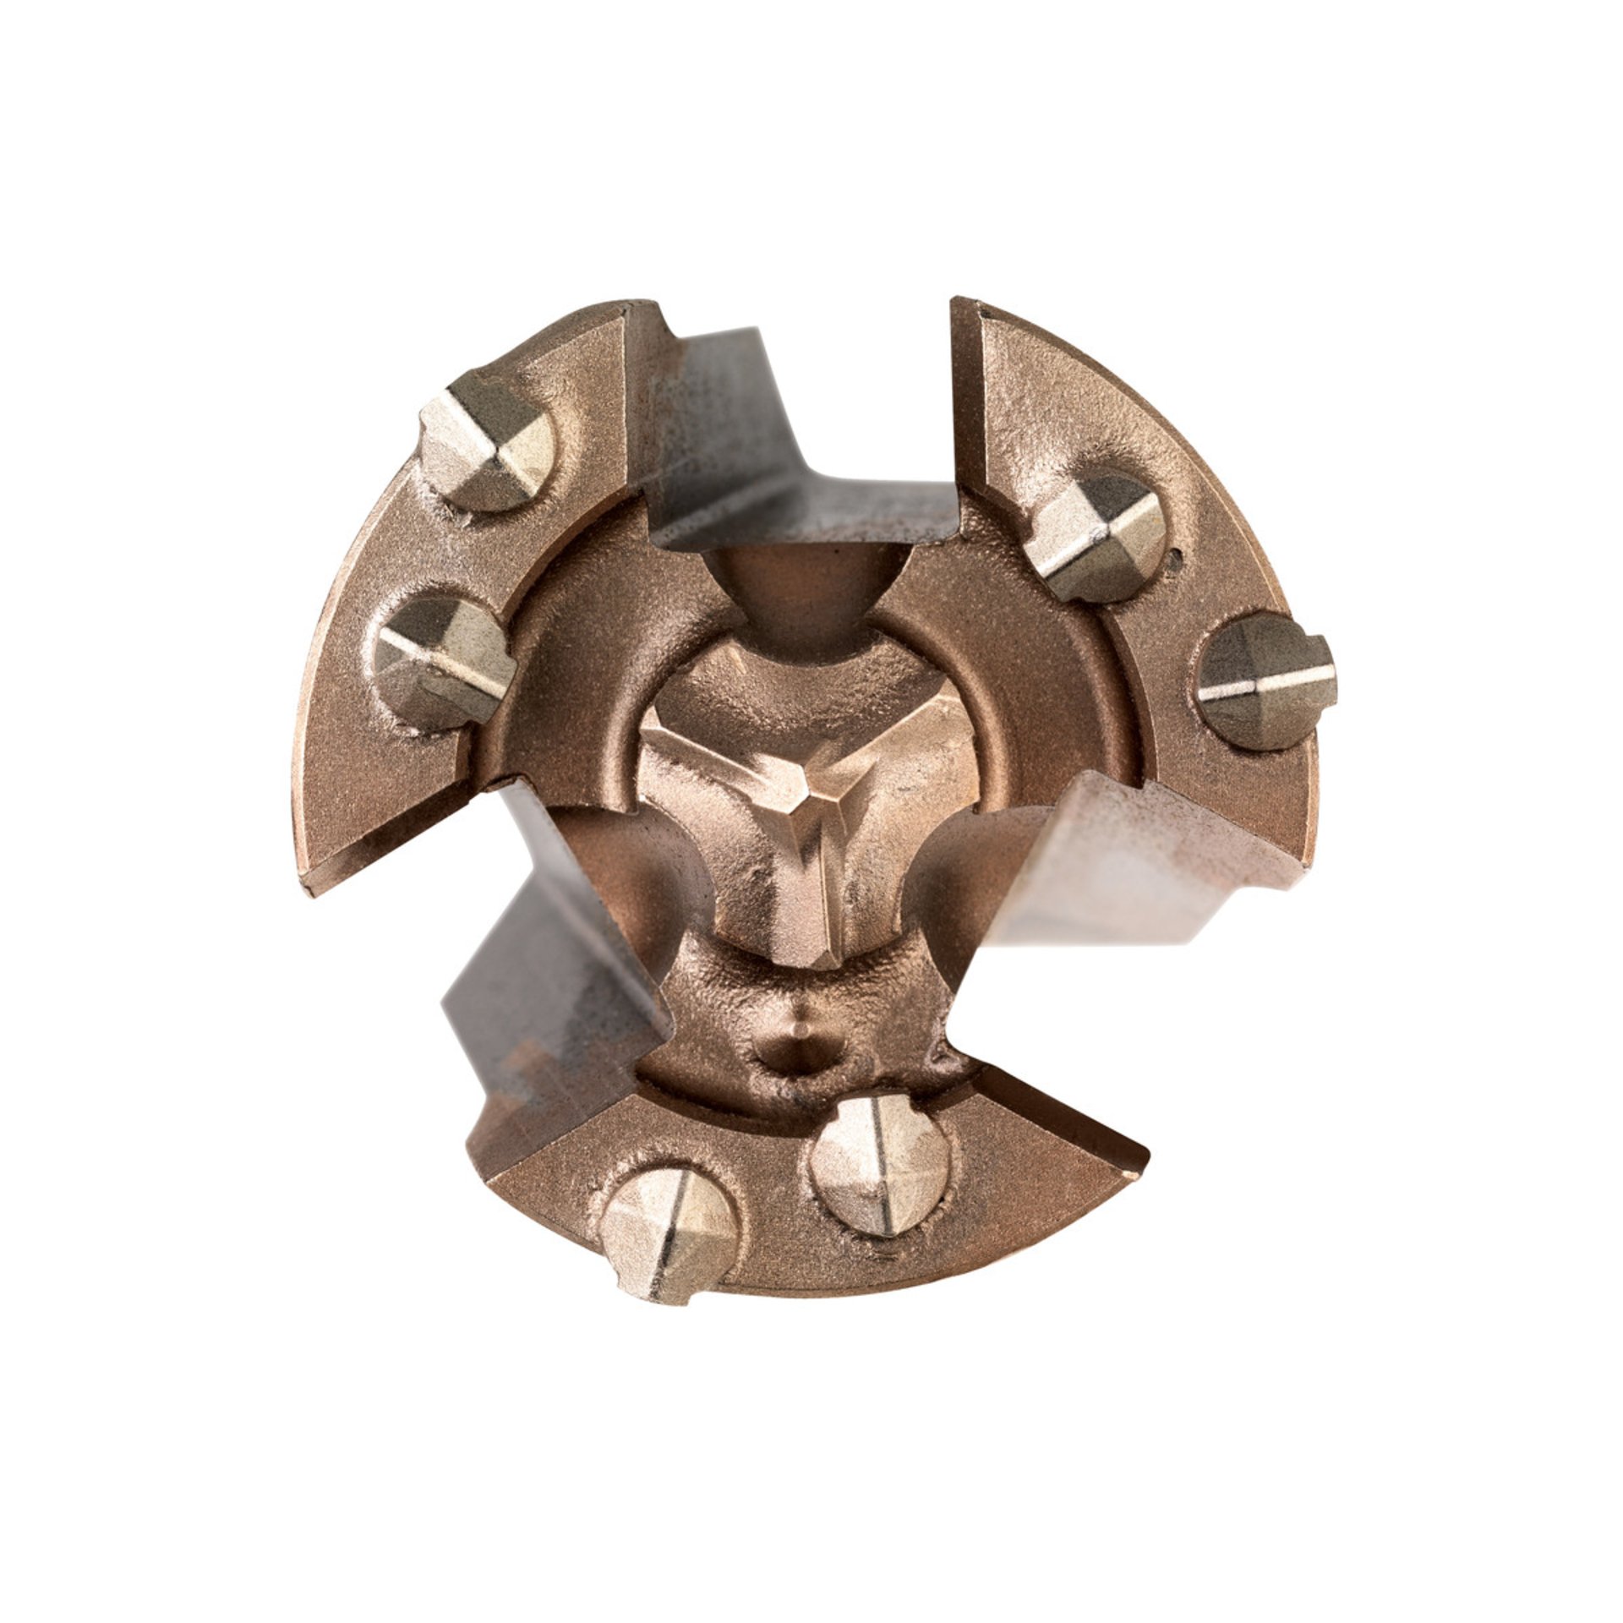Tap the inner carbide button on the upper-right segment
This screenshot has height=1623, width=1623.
(x=1099, y=537)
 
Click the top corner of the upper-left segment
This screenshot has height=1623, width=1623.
(x=647, y=302)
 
